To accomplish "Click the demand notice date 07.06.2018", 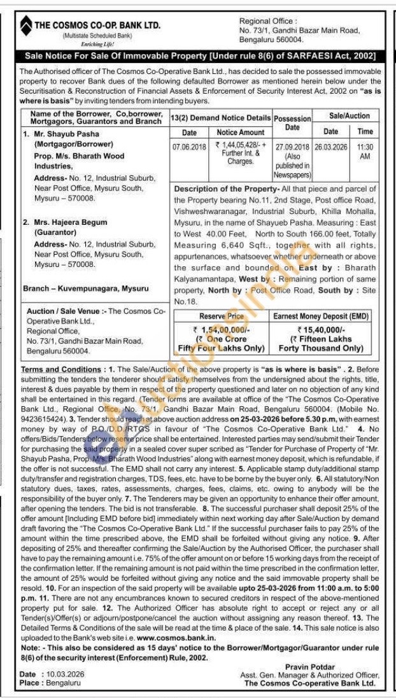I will coord(189,146).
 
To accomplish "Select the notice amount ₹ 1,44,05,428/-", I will coord(240,146).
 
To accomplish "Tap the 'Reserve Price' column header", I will coord(222,316).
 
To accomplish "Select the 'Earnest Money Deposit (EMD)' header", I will coord(320,316).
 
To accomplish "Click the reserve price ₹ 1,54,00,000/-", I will coord(222,329).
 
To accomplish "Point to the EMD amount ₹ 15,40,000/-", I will coord(321,329).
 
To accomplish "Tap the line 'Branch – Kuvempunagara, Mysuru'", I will coord(86,288).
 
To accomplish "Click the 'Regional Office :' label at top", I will coord(267,22).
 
